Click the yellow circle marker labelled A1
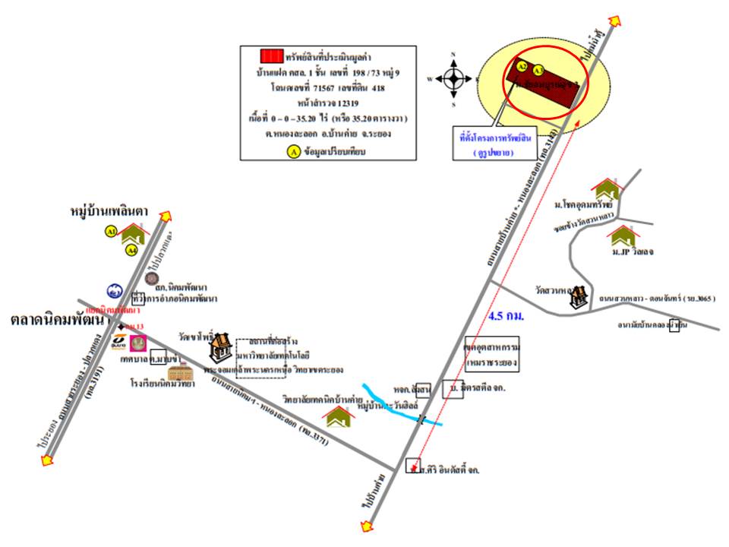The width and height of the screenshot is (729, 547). (x=111, y=230)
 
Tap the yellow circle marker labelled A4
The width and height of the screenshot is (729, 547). (x=131, y=248)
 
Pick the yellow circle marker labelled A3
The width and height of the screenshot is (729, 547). (x=538, y=70)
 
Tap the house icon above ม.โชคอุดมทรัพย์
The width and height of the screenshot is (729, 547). (x=606, y=187)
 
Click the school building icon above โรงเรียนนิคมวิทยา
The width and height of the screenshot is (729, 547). (x=181, y=372)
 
